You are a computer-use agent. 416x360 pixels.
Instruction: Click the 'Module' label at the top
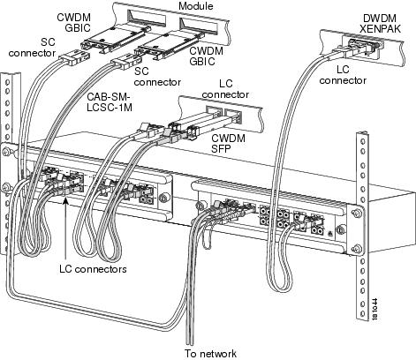[x=196, y=5]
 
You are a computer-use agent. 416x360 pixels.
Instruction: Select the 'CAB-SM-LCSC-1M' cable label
[x=110, y=102]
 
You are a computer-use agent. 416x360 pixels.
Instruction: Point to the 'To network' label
[x=210, y=353]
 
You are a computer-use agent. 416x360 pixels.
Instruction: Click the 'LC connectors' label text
[x=93, y=269]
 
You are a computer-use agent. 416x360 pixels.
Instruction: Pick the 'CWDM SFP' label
[x=228, y=143]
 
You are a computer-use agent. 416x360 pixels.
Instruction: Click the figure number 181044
[x=374, y=309]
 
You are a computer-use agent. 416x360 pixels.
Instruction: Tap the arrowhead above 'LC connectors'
[x=66, y=201]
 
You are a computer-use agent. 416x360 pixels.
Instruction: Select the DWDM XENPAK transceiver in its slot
[x=361, y=47]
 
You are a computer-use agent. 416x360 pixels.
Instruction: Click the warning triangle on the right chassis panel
[x=330, y=234]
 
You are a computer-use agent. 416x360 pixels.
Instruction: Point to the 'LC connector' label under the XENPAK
[x=343, y=75]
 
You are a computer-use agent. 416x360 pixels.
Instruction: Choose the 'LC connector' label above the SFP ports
[x=225, y=89]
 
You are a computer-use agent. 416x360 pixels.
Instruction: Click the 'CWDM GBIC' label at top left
[x=73, y=22]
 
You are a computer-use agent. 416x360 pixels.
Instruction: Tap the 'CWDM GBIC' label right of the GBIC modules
[x=206, y=56]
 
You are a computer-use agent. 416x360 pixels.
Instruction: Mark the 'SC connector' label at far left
[x=32, y=48]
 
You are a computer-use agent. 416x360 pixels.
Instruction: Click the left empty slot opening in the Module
[x=146, y=18]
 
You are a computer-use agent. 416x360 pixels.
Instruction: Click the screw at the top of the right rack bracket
[x=357, y=213]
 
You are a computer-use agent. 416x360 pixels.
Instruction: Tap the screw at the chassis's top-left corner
[x=6, y=152]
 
